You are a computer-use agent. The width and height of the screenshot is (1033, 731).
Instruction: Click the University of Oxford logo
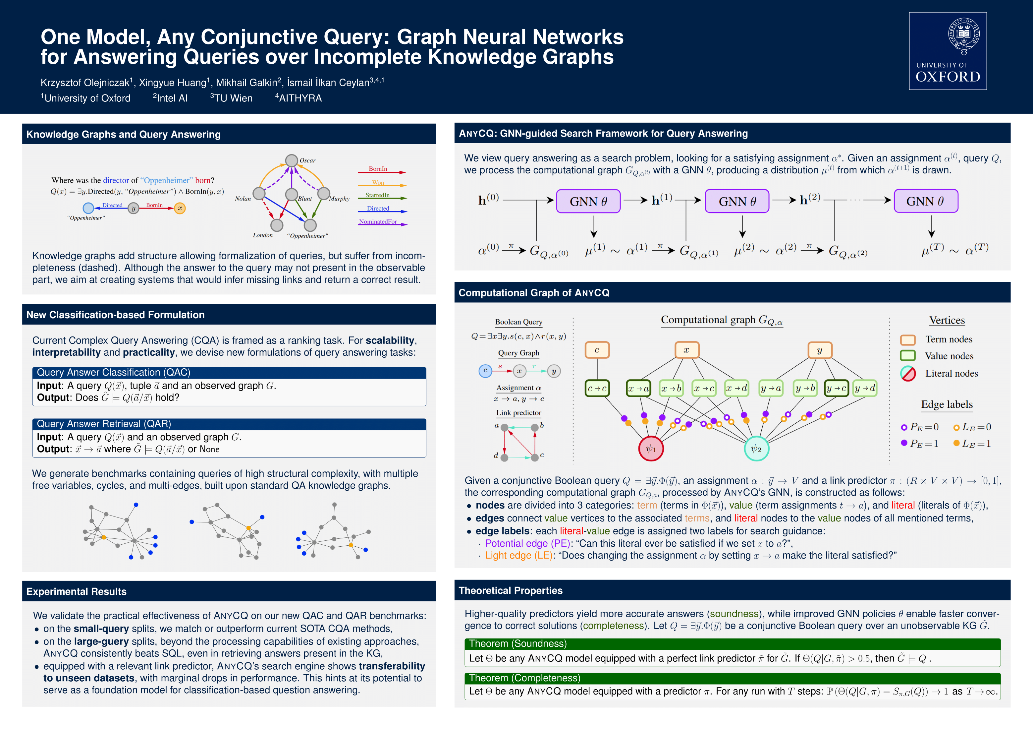948,51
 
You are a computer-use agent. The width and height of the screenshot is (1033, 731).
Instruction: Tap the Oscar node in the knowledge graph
292,160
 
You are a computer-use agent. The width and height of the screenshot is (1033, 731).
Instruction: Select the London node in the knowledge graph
277,225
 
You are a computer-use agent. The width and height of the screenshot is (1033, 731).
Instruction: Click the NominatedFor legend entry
378,222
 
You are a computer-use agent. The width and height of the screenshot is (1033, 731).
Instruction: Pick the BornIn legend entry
378,169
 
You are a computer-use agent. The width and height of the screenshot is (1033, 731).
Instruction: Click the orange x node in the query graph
180,208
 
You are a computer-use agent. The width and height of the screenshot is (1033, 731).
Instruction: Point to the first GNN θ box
588,201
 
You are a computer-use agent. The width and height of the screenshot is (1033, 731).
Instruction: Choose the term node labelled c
597,350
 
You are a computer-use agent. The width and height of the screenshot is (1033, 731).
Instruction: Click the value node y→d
864,388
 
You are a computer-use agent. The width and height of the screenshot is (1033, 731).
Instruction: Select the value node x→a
638,388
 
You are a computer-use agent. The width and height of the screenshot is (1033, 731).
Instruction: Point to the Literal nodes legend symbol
908,374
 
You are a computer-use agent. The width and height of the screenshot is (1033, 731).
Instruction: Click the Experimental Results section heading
77,591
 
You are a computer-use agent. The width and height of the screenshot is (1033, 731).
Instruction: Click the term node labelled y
819,350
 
